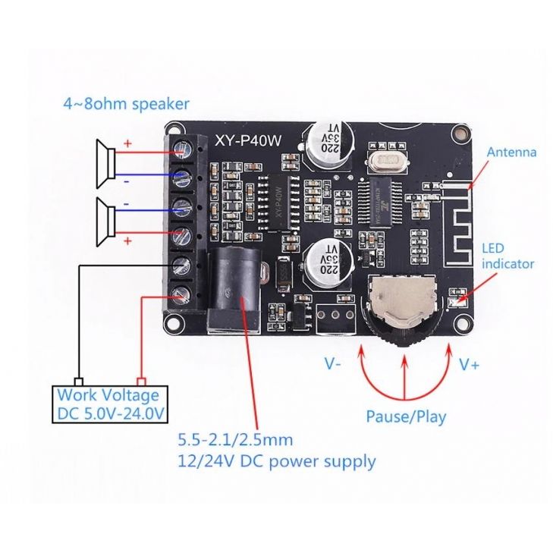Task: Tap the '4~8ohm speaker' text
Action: pos(126,104)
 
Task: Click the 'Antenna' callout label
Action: pos(511,152)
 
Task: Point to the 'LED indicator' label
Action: pos(507,256)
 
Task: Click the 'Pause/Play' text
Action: pos(406,416)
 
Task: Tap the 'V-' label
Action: pos(333,364)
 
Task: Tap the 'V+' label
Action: pos(469,364)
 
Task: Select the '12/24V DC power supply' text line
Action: pos(276,460)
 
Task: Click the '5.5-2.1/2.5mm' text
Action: pos(235,439)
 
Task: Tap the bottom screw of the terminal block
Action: pos(181,294)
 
